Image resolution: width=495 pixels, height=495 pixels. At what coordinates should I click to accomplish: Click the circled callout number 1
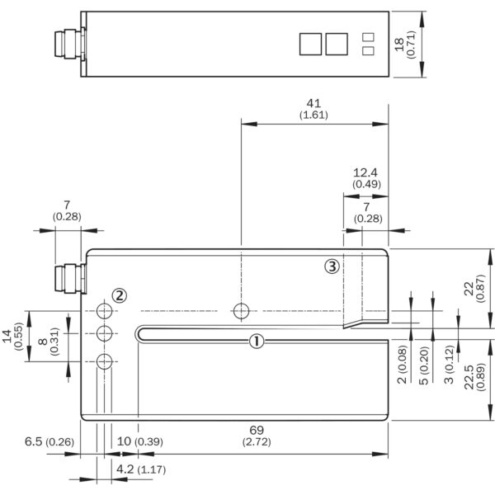click(257, 340)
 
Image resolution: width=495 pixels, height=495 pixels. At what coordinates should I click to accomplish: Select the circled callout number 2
click(120, 295)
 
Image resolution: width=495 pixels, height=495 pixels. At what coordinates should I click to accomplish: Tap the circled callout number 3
click(332, 266)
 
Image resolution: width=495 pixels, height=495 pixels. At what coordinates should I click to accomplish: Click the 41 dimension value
click(313, 103)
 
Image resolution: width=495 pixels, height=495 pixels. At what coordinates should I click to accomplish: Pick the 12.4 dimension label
click(364, 172)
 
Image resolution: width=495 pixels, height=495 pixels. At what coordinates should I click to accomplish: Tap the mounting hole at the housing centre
click(240, 311)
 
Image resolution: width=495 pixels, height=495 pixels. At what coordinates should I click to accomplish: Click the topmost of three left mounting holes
click(104, 311)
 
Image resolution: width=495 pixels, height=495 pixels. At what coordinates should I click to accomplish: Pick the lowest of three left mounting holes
click(104, 361)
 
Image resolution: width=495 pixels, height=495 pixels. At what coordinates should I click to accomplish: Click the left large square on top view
click(310, 44)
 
